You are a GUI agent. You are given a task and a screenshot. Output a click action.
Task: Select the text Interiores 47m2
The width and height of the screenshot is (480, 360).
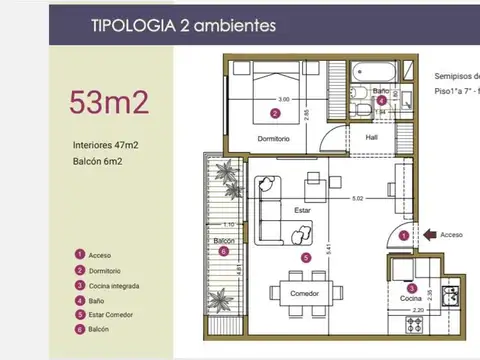pos(106,145)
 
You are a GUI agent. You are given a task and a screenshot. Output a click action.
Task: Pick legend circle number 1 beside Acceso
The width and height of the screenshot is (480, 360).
pos(79,255)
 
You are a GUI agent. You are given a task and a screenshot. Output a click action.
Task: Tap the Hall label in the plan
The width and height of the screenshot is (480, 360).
pos(372,138)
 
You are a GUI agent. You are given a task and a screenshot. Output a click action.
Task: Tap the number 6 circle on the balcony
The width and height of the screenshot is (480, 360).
pos(224,252)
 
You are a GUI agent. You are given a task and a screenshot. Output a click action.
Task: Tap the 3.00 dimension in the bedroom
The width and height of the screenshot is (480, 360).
pos(284,100)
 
